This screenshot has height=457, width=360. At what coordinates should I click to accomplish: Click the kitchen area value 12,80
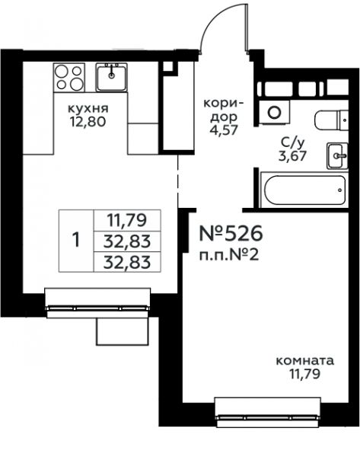pos(88,122)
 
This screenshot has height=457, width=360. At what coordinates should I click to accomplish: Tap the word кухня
pos(88,108)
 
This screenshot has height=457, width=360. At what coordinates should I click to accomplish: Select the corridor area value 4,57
pos(224,129)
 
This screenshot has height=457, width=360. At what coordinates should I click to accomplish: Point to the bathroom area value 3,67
pos(292,156)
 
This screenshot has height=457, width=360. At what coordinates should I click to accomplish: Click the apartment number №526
pos(231,234)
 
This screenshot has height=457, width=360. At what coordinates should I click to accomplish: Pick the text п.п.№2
pos(228,256)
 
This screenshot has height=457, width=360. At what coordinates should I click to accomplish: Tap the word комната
pos(304,361)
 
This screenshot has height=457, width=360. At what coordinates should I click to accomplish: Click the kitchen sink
pos(111,78)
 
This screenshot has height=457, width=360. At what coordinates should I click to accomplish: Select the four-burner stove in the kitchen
pos(69,78)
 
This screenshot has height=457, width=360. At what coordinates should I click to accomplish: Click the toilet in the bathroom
pos(331,120)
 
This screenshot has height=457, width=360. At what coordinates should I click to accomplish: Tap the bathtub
pos(304,190)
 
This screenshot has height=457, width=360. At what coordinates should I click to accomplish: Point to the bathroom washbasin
pos(337,156)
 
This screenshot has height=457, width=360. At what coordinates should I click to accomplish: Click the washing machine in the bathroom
pos(274,113)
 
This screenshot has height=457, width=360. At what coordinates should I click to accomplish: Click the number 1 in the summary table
pos(76,241)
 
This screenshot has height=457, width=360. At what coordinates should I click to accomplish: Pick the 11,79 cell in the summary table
pos(126,220)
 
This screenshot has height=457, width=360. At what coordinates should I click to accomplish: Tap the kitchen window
pos(98,303)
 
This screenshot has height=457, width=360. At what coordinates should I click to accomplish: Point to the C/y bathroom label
pos(292,143)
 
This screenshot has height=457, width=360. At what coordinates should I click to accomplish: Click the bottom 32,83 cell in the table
pos(126,262)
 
